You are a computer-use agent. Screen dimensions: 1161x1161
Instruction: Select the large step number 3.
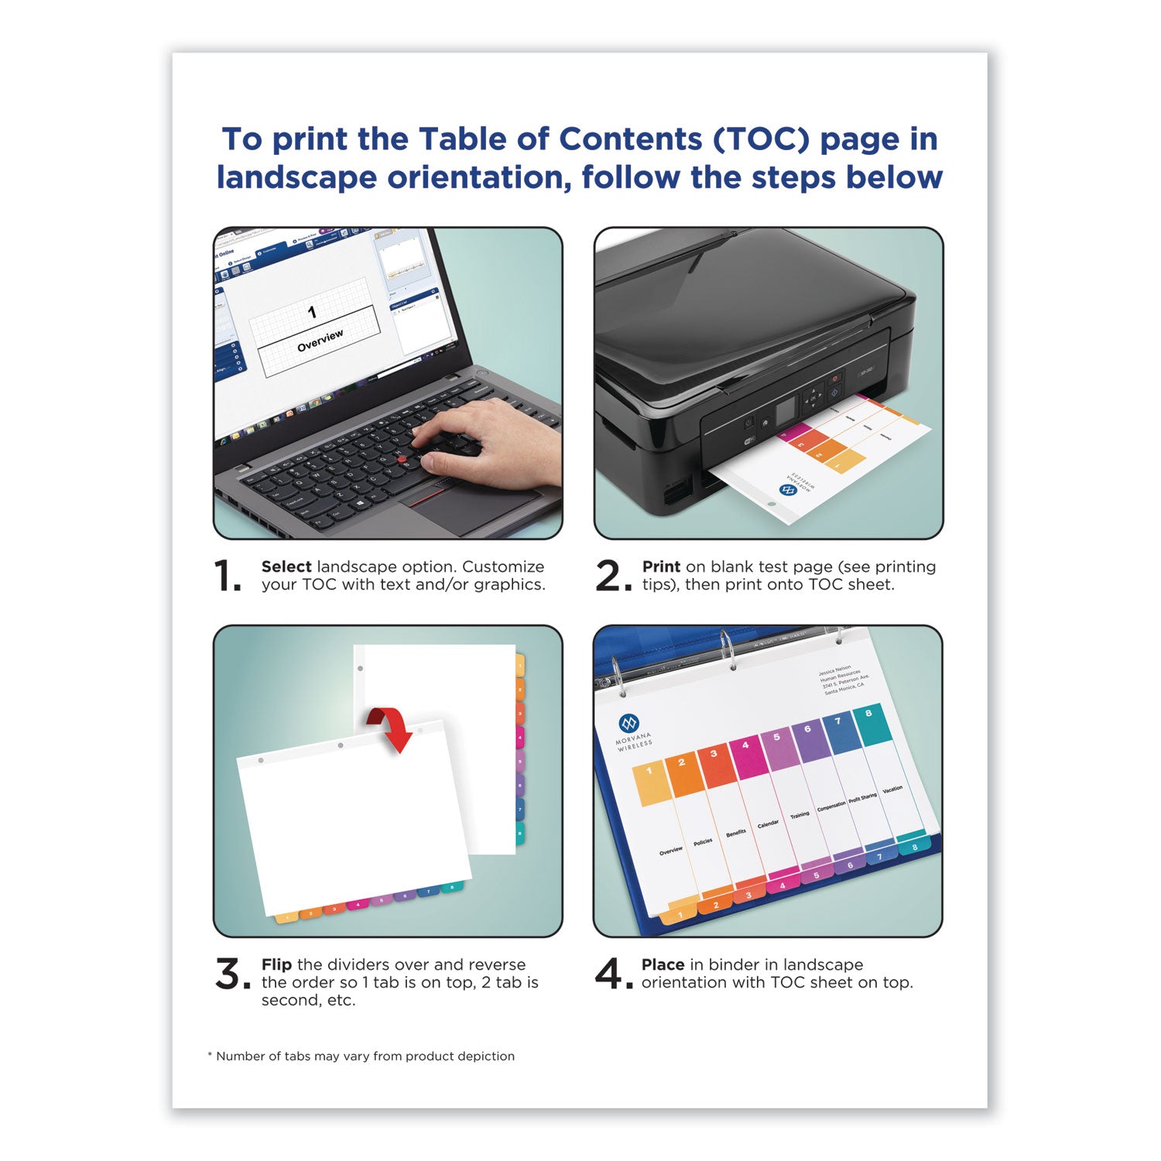pyautogui.click(x=231, y=974)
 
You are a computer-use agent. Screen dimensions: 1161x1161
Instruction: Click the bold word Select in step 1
pyautogui.click(x=286, y=567)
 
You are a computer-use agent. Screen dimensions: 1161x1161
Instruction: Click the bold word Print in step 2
pyautogui.click(x=661, y=567)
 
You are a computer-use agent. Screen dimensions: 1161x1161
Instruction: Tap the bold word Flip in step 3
pyautogui.click(x=276, y=964)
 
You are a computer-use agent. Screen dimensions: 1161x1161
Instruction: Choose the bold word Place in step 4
pyautogui.click(x=663, y=964)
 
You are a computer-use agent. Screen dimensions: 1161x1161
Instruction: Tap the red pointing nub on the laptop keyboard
pyautogui.click(x=402, y=460)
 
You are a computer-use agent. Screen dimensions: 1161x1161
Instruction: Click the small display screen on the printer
pyautogui.click(x=786, y=410)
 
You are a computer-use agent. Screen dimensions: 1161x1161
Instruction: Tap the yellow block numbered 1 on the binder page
pyautogui.click(x=650, y=782)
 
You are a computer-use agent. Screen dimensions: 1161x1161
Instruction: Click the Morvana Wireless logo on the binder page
pyautogui.click(x=629, y=724)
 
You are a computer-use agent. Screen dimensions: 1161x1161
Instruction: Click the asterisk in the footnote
pyautogui.click(x=209, y=1055)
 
